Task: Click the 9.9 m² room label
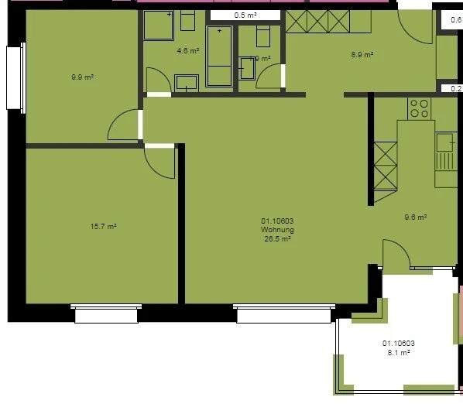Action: [x=82, y=77]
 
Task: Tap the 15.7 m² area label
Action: [x=103, y=227]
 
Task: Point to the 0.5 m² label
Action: [x=245, y=15]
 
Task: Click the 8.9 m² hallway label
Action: [x=362, y=55]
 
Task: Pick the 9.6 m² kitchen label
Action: [x=416, y=217]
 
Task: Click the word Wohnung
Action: [x=276, y=230]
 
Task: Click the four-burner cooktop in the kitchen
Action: [x=419, y=108]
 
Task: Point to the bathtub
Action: [x=220, y=56]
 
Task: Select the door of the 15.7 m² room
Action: [x=161, y=161]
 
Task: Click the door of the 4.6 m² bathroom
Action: [x=158, y=81]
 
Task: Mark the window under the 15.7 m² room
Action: [x=106, y=313]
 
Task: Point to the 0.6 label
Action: [x=456, y=21]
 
